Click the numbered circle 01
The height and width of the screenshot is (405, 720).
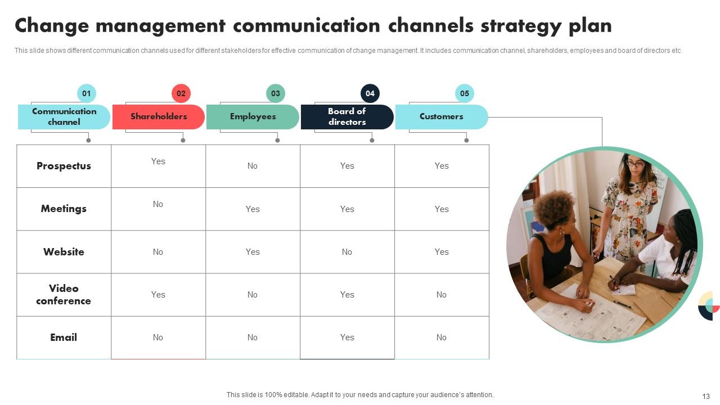point(86,93)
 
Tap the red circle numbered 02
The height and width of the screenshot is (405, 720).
point(181,93)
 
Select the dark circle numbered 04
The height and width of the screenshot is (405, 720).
point(370,93)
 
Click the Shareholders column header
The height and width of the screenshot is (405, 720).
point(159,116)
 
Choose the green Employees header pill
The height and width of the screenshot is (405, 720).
point(253,116)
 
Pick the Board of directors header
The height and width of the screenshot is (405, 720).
point(347,116)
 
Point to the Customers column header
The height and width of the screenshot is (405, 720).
point(442,116)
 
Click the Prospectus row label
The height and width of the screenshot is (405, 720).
point(64,166)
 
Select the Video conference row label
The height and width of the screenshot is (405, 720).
point(64,295)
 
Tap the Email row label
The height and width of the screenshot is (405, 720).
point(64,337)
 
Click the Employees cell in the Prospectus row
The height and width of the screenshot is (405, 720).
point(253,166)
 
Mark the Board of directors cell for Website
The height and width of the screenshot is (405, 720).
point(347,252)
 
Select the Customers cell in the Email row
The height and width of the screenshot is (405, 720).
point(442,337)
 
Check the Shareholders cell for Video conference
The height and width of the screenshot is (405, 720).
point(158,295)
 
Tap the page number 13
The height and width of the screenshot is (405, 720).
point(706,396)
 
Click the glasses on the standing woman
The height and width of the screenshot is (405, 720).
point(634,164)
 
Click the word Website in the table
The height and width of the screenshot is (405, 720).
point(64,252)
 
